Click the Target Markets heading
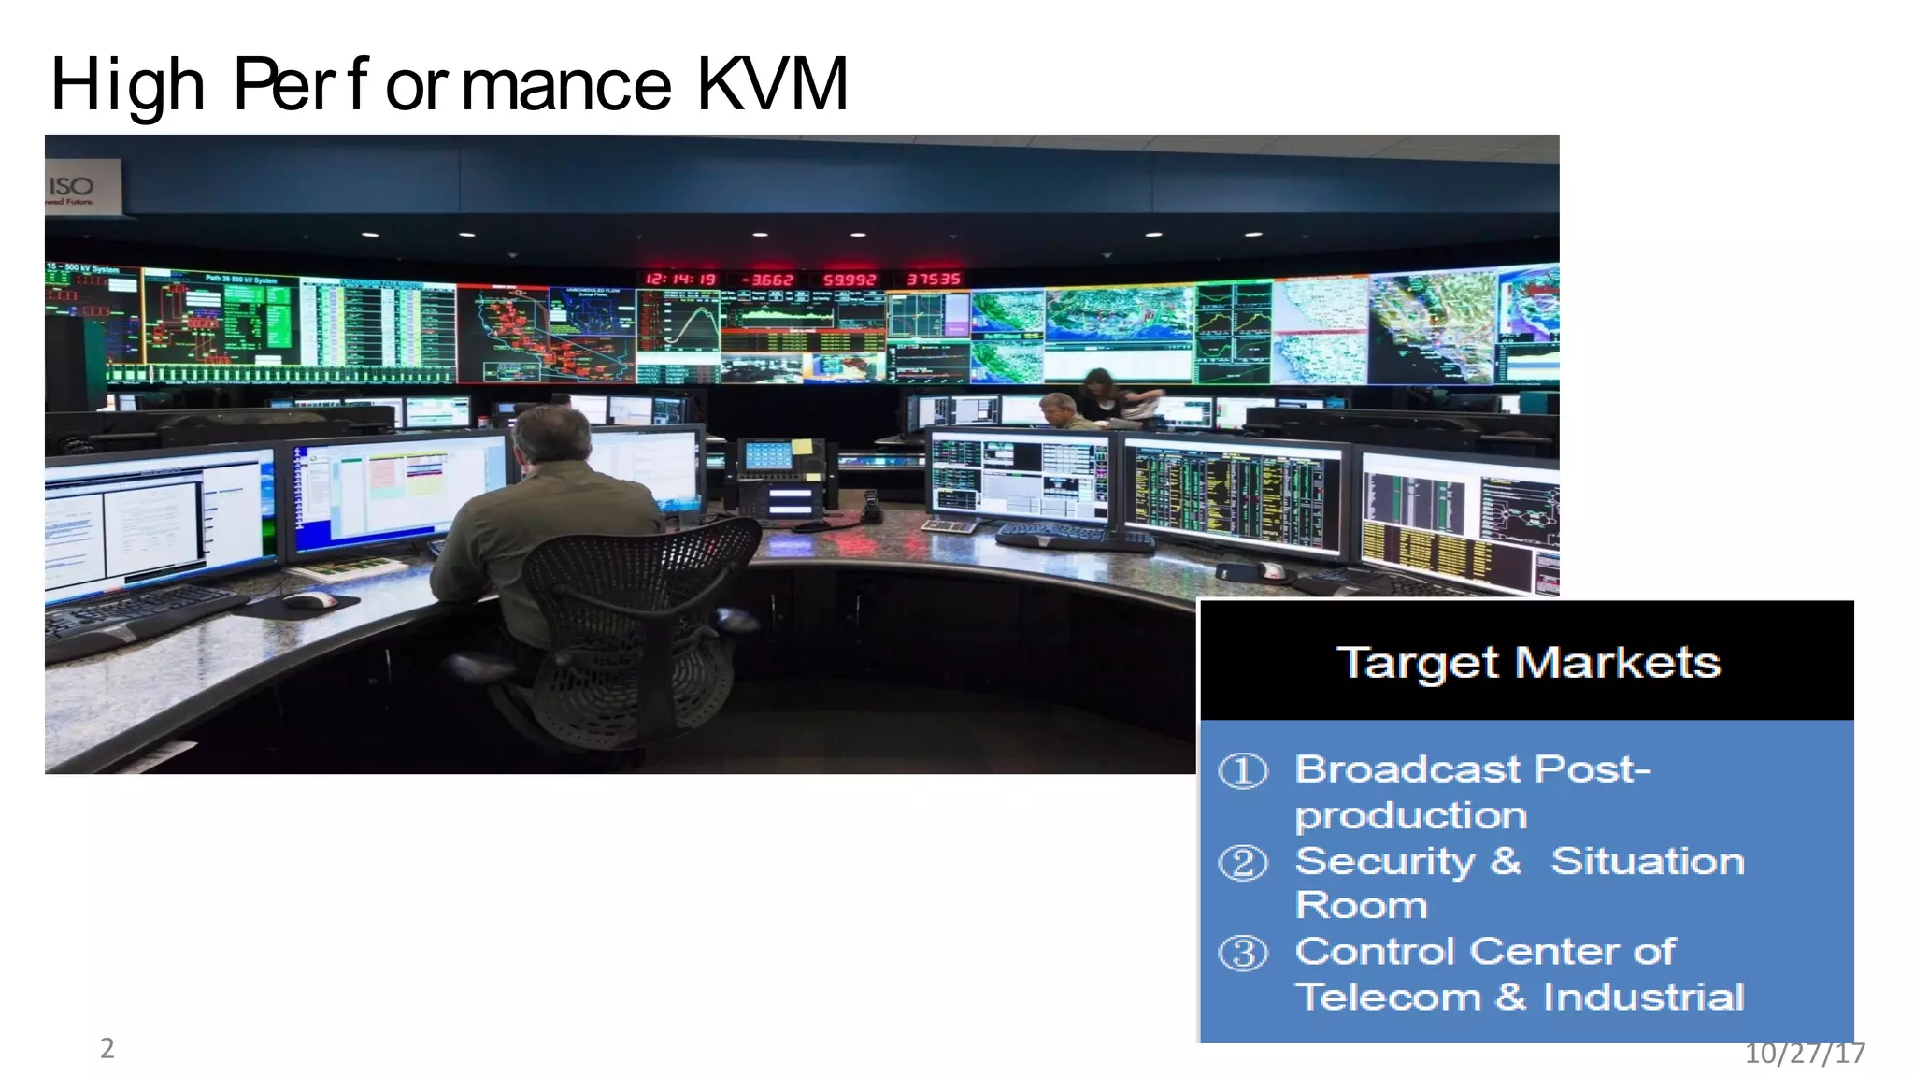click(1527, 663)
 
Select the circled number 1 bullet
click(1243, 771)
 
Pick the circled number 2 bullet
click(1243, 862)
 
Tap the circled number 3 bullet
click(1243, 954)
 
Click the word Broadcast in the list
click(1407, 769)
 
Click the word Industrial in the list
click(1643, 997)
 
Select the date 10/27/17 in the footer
click(1805, 1054)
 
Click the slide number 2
click(107, 1048)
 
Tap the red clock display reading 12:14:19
click(680, 280)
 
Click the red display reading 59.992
click(849, 280)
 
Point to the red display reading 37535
click(933, 280)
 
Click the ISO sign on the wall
click(73, 187)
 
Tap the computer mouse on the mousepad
click(309, 599)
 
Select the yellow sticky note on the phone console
click(802, 446)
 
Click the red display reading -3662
click(766, 280)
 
